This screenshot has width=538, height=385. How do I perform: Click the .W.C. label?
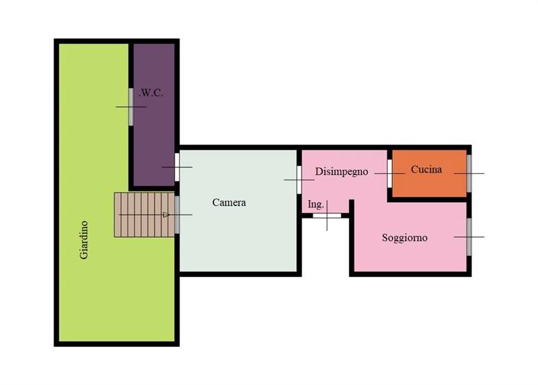pyautogui.click(x=151, y=93)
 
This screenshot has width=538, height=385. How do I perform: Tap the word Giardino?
pyautogui.click(x=84, y=240)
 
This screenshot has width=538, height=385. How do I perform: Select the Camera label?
pyautogui.click(x=229, y=203)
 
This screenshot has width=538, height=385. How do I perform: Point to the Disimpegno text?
pyautogui.click(x=342, y=171)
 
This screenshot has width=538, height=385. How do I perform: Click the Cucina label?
pyautogui.click(x=426, y=169)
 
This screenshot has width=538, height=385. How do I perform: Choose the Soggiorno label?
pyautogui.click(x=405, y=238)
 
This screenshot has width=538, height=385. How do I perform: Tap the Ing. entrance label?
pyautogui.click(x=315, y=204)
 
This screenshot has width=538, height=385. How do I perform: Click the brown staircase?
pyautogui.click(x=145, y=214)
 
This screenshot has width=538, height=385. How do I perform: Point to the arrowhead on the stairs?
pyautogui.click(x=166, y=214)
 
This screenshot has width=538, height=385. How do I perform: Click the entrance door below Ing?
pyautogui.click(x=327, y=216)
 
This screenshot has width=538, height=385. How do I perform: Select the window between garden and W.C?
pyautogui.click(x=130, y=107)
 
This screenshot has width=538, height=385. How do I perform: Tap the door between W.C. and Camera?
pyautogui.click(x=177, y=167)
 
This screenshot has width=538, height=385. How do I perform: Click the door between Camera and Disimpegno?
pyautogui.click(x=299, y=179)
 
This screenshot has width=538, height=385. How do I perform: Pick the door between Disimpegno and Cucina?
pyautogui.click(x=390, y=173)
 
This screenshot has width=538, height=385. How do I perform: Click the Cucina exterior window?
pyautogui.click(x=469, y=173)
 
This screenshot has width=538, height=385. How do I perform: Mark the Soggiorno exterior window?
pyautogui.click(x=469, y=237)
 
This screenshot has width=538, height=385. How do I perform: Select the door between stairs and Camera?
pyautogui.click(x=177, y=214)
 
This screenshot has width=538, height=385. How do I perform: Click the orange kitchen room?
pyautogui.click(x=429, y=173)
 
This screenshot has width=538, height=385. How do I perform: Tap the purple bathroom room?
pyautogui.click(x=154, y=115)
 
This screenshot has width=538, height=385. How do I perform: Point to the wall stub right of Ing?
pyautogui.click(x=351, y=208)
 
